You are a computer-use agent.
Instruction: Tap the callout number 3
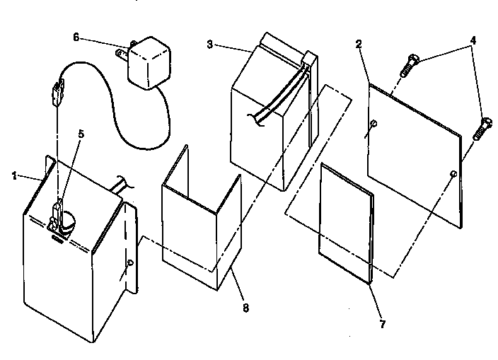point(209,44)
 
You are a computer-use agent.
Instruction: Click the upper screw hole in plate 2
point(374,124)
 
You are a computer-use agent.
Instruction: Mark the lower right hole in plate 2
point(451,173)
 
